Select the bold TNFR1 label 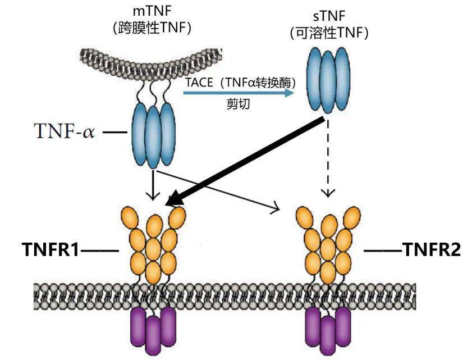(51, 249)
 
